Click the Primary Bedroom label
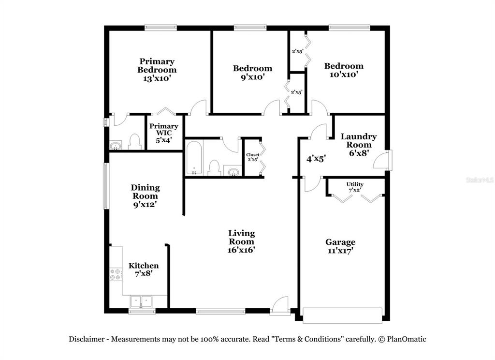click(x=157, y=65)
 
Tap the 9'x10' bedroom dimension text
click(x=252, y=77)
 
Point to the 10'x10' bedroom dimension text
click(x=344, y=75)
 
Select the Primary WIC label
click(x=163, y=129)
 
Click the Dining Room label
click(x=145, y=192)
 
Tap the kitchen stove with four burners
click(x=116, y=274)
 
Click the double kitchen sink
click(x=141, y=301)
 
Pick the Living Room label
click(x=242, y=238)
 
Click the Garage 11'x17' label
click(x=340, y=246)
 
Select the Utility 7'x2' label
click(x=355, y=187)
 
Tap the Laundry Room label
click(x=359, y=141)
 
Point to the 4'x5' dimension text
click(x=316, y=159)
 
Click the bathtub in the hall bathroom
click(x=194, y=158)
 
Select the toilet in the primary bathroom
click(x=135, y=142)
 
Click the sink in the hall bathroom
click(x=233, y=171)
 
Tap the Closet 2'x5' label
click(x=252, y=157)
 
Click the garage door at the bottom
click(x=342, y=315)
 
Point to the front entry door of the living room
click(x=280, y=306)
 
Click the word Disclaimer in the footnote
click(x=87, y=339)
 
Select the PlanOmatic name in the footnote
click(x=407, y=339)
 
